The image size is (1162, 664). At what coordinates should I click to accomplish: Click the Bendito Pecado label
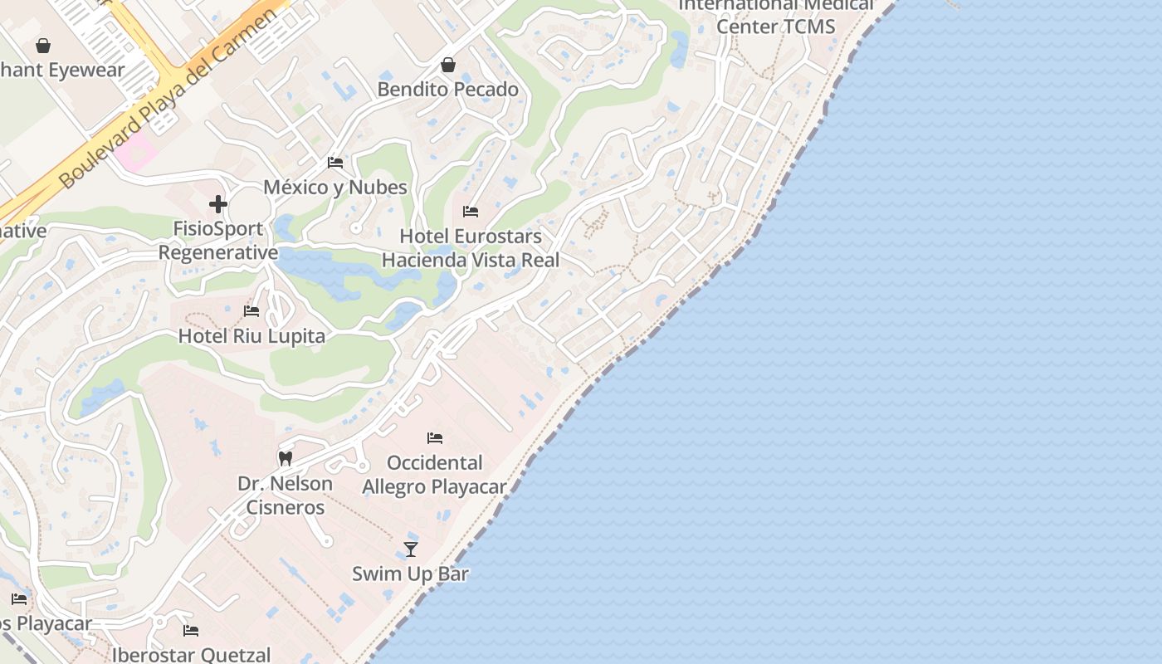coord(447,89)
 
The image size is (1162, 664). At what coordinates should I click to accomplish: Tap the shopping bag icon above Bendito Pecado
coord(448,65)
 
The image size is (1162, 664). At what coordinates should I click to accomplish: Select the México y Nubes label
coord(335,187)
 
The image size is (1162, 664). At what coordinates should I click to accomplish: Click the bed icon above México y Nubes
coord(335,163)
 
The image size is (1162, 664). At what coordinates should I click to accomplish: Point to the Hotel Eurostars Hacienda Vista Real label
coord(471,248)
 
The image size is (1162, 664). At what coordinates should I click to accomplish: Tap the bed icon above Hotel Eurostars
coord(471,212)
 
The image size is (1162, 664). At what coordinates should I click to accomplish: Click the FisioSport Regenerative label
coord(218,241)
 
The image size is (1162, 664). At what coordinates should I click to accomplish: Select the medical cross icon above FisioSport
coord(218,204)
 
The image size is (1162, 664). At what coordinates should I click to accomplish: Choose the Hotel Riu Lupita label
coord(251,336)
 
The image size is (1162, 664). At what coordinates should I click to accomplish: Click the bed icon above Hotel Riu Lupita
coord(251,311)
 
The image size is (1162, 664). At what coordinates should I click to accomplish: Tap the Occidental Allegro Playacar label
coord(434,475)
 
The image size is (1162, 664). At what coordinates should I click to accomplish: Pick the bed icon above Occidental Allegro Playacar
coord(435,438)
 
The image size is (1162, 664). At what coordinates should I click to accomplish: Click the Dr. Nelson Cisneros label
coord(285,495)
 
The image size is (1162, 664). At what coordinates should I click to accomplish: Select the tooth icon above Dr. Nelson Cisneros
coord(285,458)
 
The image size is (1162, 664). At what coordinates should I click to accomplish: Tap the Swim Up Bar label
coord(410,574)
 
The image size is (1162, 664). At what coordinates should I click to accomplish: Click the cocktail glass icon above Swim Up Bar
coord(410,549)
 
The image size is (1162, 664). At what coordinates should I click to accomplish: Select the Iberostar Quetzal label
coord(191,655)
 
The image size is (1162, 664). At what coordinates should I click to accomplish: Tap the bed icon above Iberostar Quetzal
coord(191,631)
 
